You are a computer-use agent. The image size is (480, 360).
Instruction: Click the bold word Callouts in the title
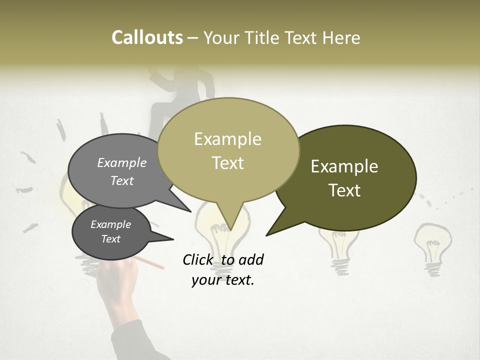[x=147, y=37]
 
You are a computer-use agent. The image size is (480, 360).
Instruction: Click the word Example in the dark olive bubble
[x=344, y=166]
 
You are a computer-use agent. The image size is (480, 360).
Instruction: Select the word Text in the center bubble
[x=228, y=163]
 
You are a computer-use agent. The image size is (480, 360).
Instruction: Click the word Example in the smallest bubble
[x=110, y=224]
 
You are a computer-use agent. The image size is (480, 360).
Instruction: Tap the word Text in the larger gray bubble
[x=122, y=181]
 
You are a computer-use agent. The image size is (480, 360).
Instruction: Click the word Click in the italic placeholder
[x=198, y=259]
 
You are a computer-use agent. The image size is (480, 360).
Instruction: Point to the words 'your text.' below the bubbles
[x=223, y=280]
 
